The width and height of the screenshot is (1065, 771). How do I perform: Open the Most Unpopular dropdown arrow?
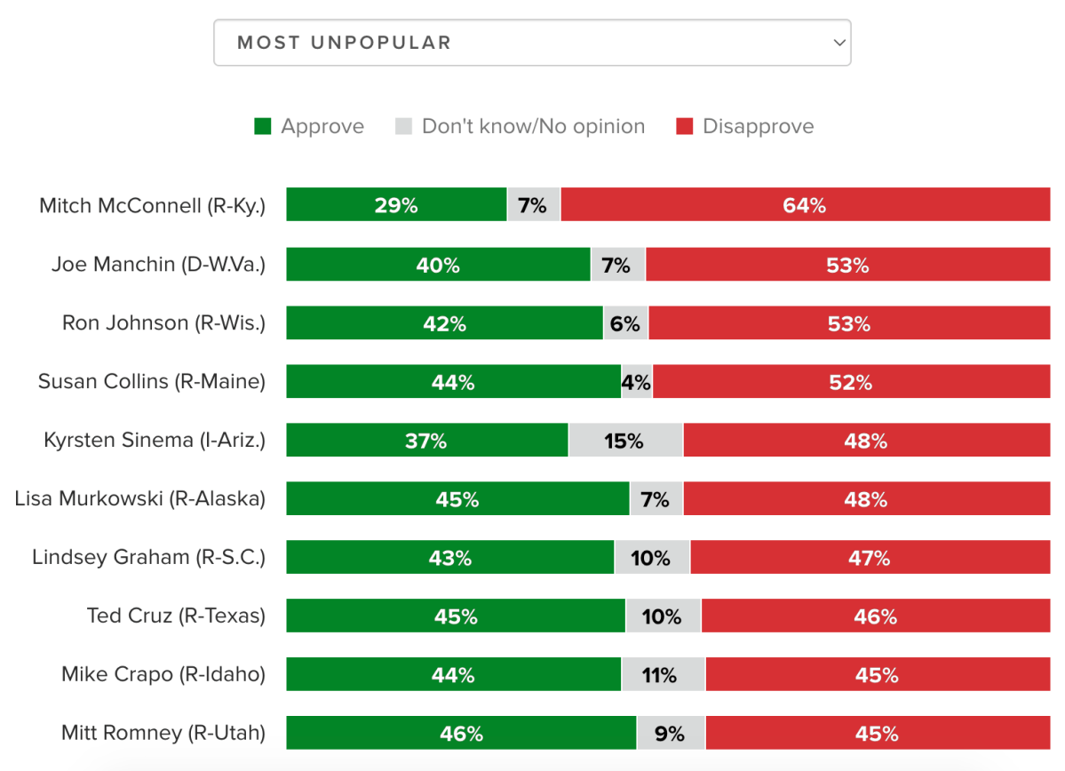pos(838,43)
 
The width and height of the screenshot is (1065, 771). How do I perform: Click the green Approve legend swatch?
pos(262,126)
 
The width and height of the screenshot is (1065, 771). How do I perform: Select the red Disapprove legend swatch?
pos(684,126)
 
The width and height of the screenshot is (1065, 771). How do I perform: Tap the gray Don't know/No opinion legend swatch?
pos(403,126)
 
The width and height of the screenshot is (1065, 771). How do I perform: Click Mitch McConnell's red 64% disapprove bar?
pos(805,205)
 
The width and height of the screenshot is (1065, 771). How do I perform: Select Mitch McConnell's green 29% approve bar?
pos(396,205)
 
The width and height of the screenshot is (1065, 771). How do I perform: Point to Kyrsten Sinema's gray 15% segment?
pos(625,440)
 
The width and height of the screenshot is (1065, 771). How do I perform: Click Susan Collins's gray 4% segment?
pos(637,381)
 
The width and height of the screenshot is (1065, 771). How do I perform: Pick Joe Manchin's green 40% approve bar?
pos(438,264)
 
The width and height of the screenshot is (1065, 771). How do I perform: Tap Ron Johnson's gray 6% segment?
pos(625,322)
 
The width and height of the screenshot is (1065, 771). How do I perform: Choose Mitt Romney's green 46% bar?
pos(461,733)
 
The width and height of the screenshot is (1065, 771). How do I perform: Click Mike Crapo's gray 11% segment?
pos(663,674)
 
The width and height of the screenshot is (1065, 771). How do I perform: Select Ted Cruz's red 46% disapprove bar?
pos(875,616)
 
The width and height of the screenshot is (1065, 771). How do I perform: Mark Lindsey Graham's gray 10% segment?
pos(651,557)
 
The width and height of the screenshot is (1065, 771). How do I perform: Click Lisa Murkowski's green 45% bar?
pos(457,498)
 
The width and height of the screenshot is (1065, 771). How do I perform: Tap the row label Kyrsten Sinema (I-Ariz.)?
pos(155,440)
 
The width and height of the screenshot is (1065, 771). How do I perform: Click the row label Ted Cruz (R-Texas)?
pos(176,616)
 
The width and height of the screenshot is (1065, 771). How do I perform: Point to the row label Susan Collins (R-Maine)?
pos(152,381)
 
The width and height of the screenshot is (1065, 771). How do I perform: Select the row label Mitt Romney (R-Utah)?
pos(163,733)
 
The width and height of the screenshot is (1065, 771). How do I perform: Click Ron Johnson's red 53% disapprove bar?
pos(848,322)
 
